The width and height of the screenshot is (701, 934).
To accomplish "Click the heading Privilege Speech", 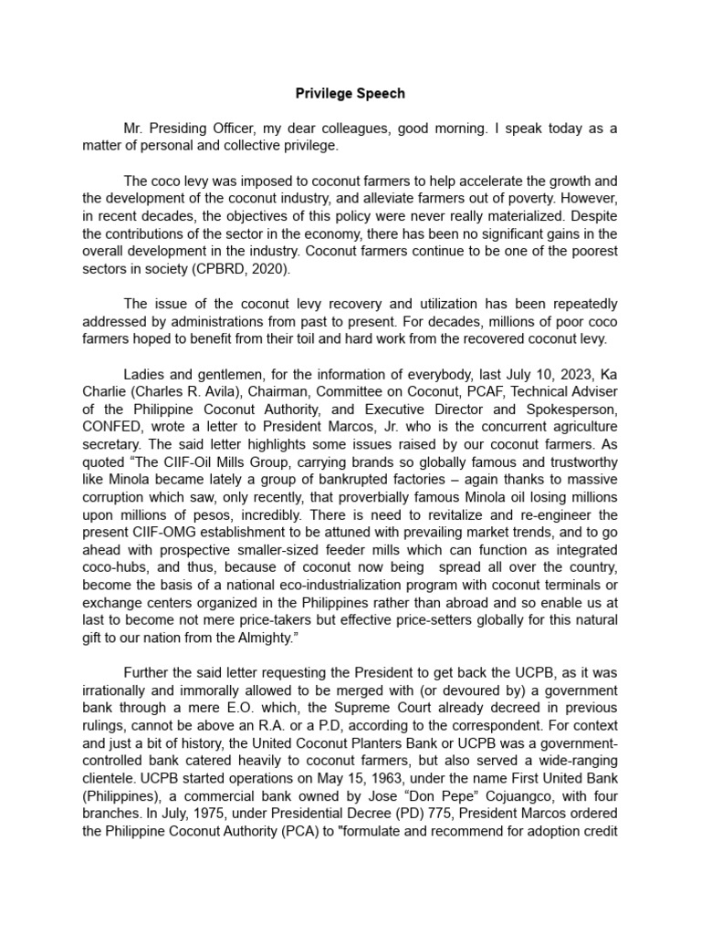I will (x=350, y=93).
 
